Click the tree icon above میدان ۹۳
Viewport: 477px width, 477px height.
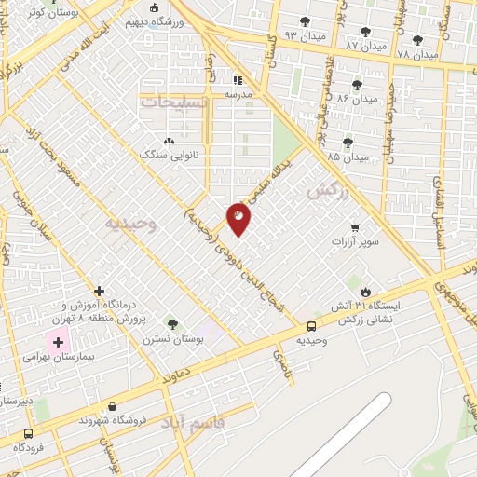pyautogui.click(x=305, y=21)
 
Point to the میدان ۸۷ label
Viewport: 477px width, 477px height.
pyautogui.click(x=364, y=45)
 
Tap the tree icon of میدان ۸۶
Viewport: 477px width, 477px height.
pyautogui.click(x=357, y=85)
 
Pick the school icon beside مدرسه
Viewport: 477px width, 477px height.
pyautogui.click(x=237, y=80)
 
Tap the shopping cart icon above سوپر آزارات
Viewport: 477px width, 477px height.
pyautogui.click(x=354, y=227)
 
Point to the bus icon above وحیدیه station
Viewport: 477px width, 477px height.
pyautogui.click(x=311, y=326)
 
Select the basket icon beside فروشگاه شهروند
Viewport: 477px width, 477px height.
pyautogui.click(x=113, y=405)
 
